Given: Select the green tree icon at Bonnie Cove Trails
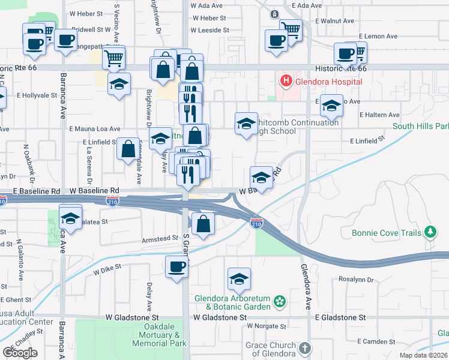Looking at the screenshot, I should tap(429, 231).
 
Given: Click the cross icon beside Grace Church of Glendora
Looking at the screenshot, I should tap(305, 348).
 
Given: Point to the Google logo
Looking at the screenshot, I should tap(20, 352).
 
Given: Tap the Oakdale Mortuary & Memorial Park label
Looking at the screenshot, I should tap(160, 335).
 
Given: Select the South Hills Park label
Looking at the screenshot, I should tap(421, 127).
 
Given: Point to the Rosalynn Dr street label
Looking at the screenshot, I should tap(356, 280).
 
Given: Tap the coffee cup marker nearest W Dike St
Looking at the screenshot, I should tap(176, 266).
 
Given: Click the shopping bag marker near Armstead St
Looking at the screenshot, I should tap(203, 224).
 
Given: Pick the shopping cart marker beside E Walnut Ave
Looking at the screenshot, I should tap(291, 29).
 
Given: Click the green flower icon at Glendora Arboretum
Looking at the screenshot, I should tap(279, 300).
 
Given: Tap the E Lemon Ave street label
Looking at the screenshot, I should tap(378, 36).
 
